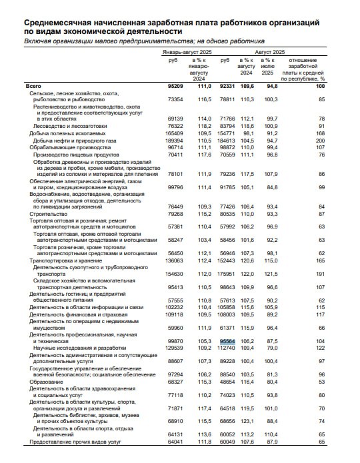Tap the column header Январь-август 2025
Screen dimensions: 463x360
pyautogui.click(x=188, y=52)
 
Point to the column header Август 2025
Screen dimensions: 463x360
pyautogui.click(x=271, y=52)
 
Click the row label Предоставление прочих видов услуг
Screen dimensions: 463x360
pyautogui.click(x=74, y=441)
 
